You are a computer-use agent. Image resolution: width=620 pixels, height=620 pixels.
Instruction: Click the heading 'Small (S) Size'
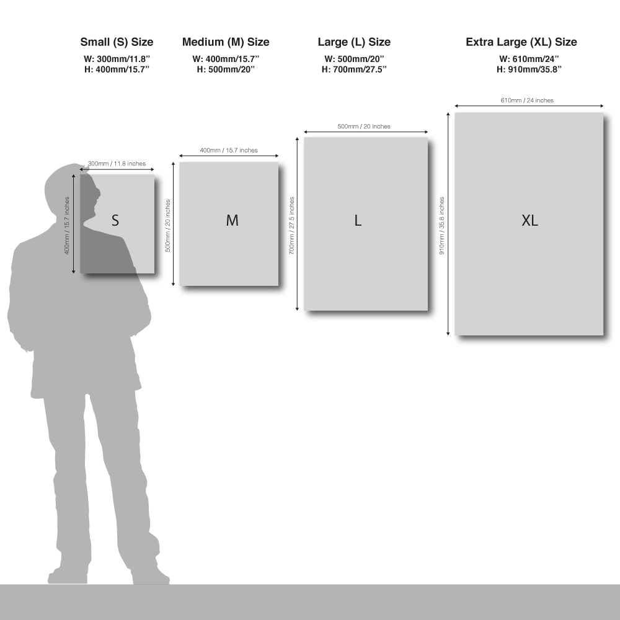(x=117, y=42)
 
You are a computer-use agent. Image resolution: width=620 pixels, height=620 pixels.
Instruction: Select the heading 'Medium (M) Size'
(x=226, y=42)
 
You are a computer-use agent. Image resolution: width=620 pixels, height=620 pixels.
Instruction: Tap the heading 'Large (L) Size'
(x=354, y=42)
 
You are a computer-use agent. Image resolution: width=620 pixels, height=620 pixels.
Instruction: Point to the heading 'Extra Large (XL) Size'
(x=521, y=42)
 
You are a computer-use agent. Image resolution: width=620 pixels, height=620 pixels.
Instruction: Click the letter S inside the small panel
(x=115, y=220)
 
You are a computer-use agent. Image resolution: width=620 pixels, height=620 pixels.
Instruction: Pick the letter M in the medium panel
(x=232, y=220)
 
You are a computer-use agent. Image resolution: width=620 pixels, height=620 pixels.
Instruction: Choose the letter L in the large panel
(x=358, y=220)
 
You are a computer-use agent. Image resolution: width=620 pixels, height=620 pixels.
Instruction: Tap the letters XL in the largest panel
(x=530, y=220)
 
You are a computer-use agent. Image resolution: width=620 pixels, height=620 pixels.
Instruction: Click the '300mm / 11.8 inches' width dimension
(x=117, y=164)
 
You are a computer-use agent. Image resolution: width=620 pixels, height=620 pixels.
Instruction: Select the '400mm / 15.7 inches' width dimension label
(x=229, y=150)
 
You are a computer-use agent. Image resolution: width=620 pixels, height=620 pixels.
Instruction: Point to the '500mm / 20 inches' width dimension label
(x=364, y=126)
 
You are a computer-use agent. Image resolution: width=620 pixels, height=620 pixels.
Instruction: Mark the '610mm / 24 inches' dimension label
(x=527, y=100)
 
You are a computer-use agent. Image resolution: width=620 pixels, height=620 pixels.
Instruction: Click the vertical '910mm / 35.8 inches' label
(x=441, y=226)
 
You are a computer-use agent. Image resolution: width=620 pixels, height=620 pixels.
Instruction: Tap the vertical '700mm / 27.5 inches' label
(x=291, y=226)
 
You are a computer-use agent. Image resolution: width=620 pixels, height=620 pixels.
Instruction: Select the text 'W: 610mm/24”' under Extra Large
(x=529, y=59)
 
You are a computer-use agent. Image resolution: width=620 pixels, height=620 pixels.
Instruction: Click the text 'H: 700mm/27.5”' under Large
(x=354, y=69)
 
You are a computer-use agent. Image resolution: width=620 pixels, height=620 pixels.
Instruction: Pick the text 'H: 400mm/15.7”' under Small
(x=117, y=69)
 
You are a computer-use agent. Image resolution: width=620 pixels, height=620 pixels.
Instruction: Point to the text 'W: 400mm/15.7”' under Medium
(x=226, y=59)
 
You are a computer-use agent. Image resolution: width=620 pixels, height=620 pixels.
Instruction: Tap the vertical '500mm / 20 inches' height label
(x=167, y=226)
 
